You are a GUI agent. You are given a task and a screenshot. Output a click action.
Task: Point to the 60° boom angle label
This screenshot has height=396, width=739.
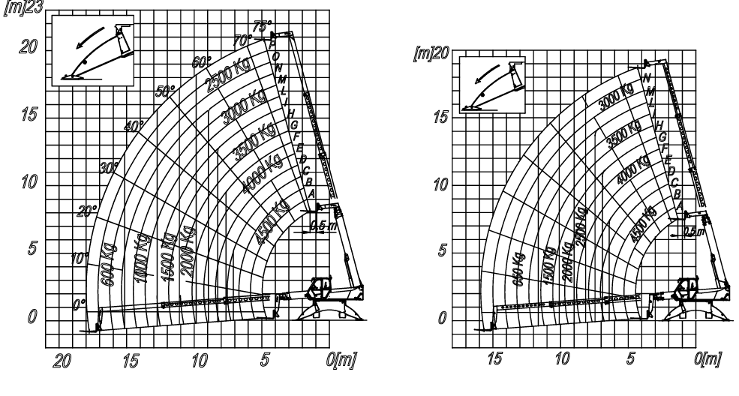202,62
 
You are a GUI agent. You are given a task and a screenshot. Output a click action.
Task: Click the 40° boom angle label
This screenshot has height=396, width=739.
134,126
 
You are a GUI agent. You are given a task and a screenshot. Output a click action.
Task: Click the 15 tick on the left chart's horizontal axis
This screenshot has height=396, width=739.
132,359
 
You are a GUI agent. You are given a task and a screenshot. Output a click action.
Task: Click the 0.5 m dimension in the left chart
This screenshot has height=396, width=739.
317,225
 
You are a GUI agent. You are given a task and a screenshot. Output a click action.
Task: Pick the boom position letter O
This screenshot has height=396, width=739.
276,56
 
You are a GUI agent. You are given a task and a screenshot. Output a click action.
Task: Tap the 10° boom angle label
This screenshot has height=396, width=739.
79,259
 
